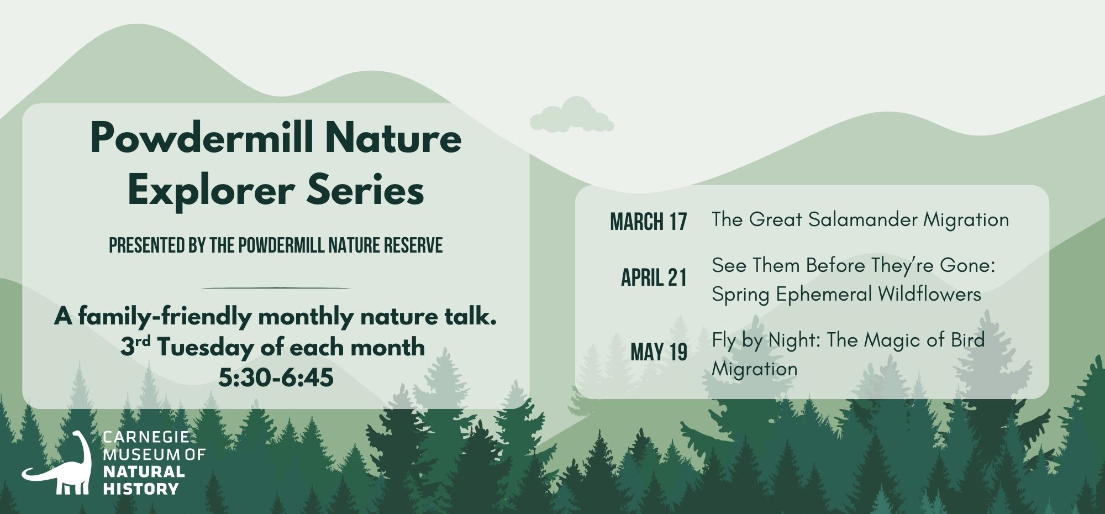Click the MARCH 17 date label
(649, 222)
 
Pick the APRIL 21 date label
(654, 277)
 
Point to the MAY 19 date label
(659, 352)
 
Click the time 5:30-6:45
(276, 378)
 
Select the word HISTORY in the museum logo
(141, 489)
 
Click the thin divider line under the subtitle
(276, 288)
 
